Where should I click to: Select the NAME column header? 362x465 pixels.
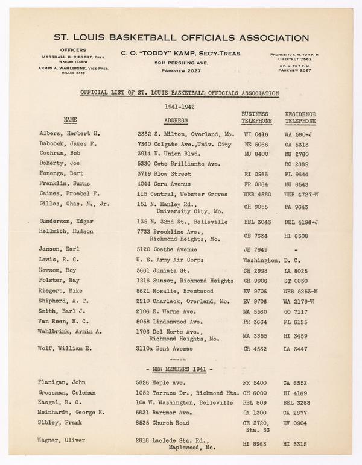pos(71,120)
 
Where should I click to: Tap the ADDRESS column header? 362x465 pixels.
pos(166,120)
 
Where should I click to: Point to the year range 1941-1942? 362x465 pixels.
pos(180,106)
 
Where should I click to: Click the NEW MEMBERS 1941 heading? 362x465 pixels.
pos(180,368)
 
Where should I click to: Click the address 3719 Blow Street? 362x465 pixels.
pos(164,173)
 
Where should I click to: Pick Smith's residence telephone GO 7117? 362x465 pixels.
pos(297,313)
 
